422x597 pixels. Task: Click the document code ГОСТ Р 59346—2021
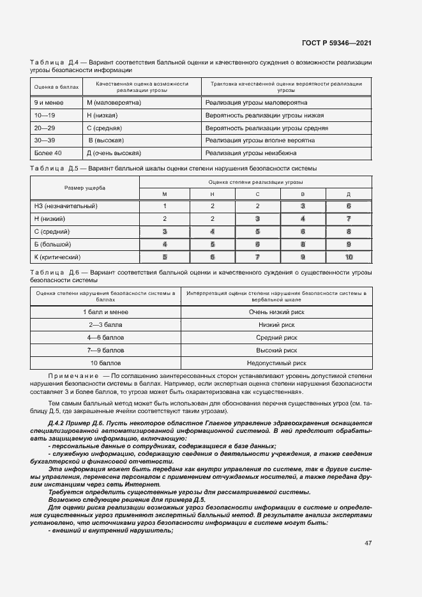point(336,43)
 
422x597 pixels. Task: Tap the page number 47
point(368,543)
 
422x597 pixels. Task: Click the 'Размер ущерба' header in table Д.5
point(85,188)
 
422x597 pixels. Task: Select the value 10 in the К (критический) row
point(349,257)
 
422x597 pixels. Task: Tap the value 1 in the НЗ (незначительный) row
point(165,206)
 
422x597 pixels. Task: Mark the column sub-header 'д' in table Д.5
point(349,194)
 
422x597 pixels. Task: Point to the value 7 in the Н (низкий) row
point(349,218)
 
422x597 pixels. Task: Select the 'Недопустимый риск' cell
point(276,363)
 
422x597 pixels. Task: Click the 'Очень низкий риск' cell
point(276,312)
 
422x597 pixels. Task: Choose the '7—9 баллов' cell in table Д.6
point(105,350)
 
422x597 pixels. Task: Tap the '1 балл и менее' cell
point(105,312)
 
